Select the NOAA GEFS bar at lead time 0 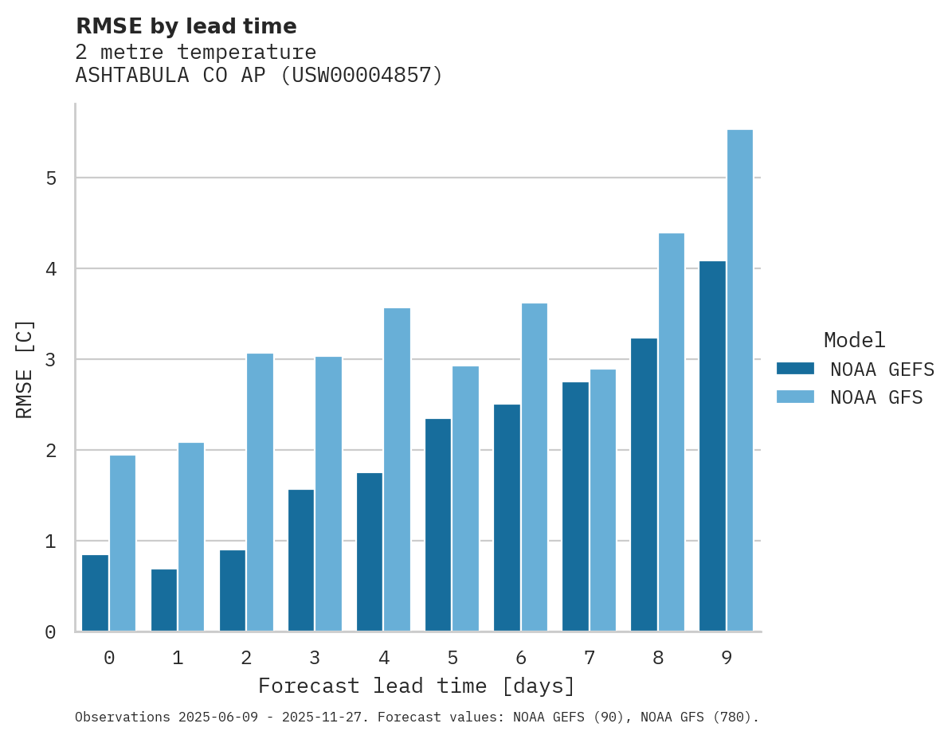tap(95, 593)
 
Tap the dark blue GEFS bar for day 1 tap(163, 600)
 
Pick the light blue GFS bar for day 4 tap(397, 470)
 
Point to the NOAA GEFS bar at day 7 tap(575, 506)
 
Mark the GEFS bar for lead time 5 tap(438, 525)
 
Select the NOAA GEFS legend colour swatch tap(795, 369)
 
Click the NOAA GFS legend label tap(876, 397)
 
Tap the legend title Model tap(854, 340)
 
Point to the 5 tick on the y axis tap(51, 178)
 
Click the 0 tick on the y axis tap(51, 632)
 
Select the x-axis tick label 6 tap(521, 658)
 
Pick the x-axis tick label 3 tap(315, 658)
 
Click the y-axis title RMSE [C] tap(25, 369)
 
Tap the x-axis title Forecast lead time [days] tap(417, 686)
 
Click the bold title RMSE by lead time tap(186, 26)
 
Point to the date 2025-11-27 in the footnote tap(328, 717)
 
